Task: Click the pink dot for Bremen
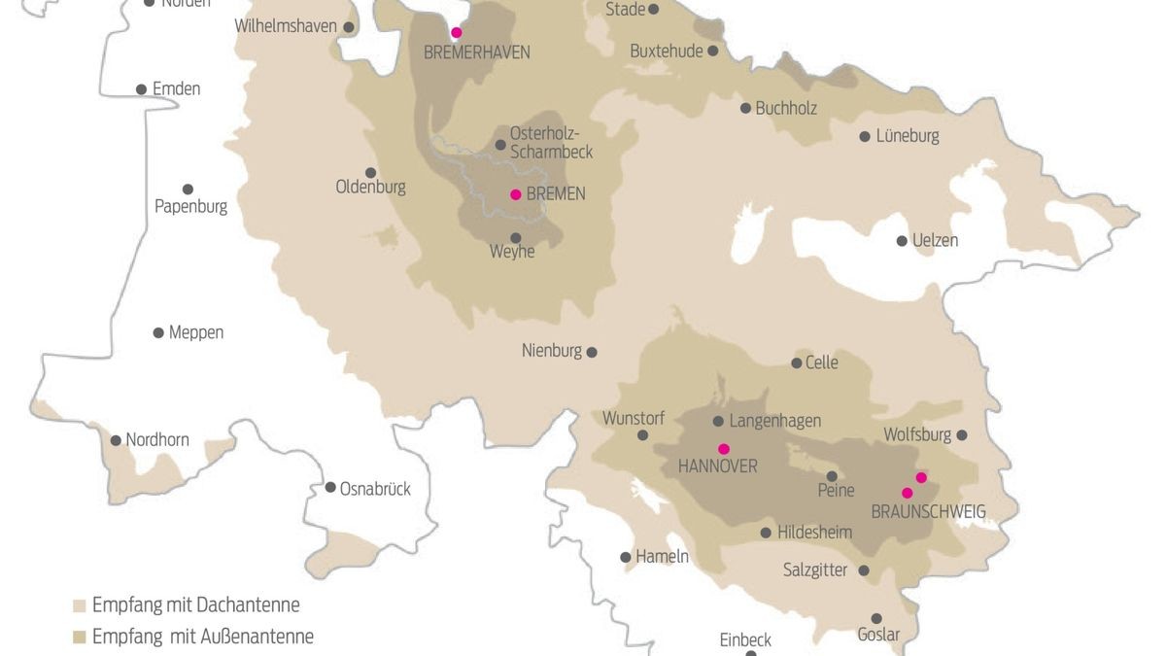click(x=516, y=194)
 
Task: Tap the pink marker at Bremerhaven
click(x=456, y=32)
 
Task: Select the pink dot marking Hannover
click(x=723, y=449)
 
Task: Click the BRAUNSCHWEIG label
click(x=928, y=511)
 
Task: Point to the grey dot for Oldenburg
click(x=370, y=173)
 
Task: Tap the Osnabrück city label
click(x=375, y=489)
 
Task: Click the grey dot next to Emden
click(x=141, y=89)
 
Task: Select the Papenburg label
click(x=190, y=207)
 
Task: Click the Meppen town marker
click(x=158, y=332)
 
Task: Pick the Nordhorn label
click(x=157, y=440)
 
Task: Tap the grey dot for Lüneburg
click(x=865, y=137)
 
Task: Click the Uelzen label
click(x=935, y=240)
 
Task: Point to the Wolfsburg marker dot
click(x=962, y=435)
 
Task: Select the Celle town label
click(x=821, y=363)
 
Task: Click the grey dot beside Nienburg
click(x=592, y=353)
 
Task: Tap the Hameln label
click(x=662, y=557)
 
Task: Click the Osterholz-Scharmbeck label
click(x=550, y=143)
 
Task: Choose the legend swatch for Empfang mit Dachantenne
click(x=81, y=605)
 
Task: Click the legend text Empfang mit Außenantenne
click(x=202, y=638)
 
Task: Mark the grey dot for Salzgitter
click(x=864, y=571)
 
